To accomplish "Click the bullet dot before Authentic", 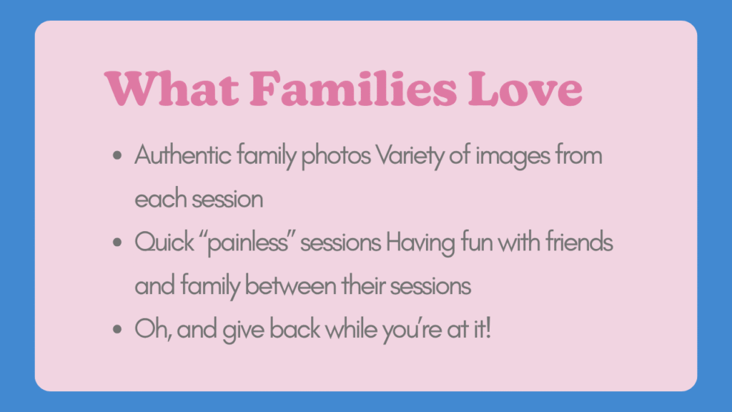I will [x=117, y=155].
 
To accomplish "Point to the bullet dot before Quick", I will [x=117, y=242].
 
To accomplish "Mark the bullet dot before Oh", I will [x=117, y=330].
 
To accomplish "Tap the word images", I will [x=515, y=157].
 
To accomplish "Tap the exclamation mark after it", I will [x=489, y=330].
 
